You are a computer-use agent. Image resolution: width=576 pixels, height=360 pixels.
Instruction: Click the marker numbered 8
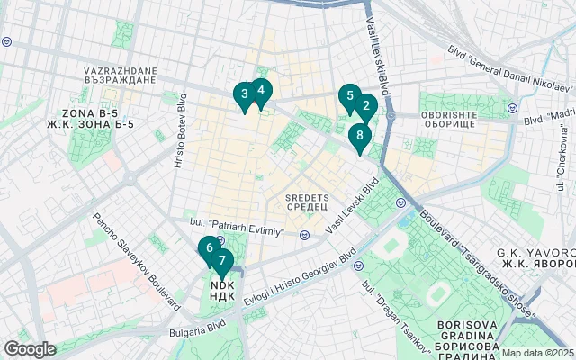(x=359, y=137)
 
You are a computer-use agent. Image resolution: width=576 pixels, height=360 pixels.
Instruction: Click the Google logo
(x=30, y=348)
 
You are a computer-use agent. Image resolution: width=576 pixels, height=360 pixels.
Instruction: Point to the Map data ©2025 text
(x=537, y=353)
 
